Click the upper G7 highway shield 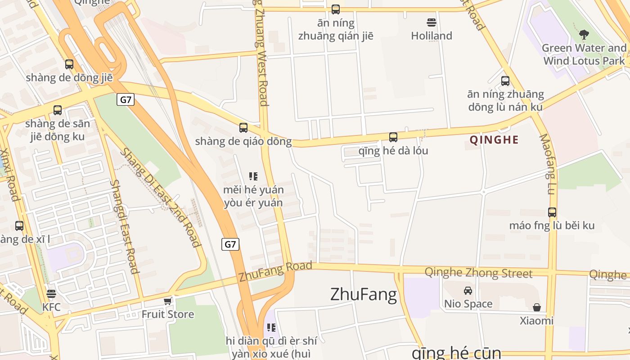coord(126,99)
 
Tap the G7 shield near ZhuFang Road coord(230,244)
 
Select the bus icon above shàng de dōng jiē coord(69,64)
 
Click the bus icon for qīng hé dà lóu coord(393,137)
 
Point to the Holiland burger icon coord(431,22)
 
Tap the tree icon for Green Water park coord(584,34)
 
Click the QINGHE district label coord(494,139)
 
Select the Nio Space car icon coord(468,291)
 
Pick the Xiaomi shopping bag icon coord(536,307)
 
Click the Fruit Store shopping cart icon coord(168,301)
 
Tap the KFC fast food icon coord(51,294)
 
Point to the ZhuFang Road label coord(275,271)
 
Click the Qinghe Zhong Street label coord(478,273)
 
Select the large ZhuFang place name coord(364,294)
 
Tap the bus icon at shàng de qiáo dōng coord(243,128)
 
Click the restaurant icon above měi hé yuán coord(253,176)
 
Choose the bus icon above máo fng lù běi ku coord(552,212)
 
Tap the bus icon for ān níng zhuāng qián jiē coord(336,9)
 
